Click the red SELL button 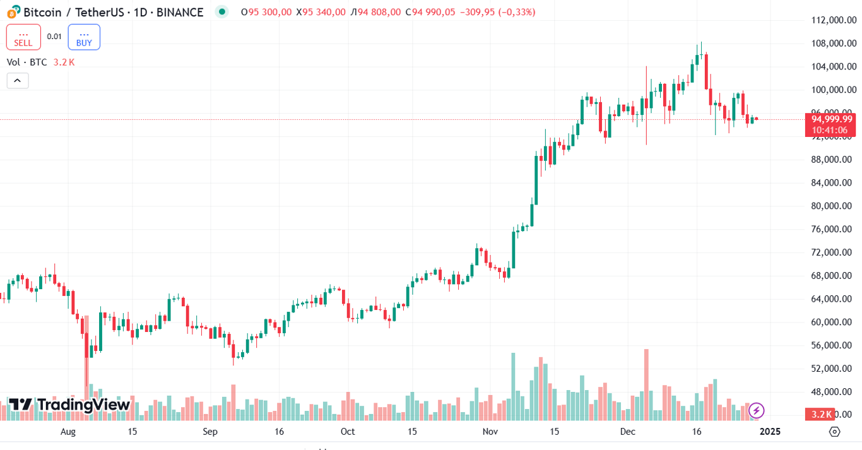coord(23,37)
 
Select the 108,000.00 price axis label coord(833,44)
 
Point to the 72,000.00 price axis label coord(833,252)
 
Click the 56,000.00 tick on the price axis coord(833,345)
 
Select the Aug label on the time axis coord(68,432)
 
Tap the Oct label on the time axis coord(348,432)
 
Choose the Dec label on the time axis coord(627,432)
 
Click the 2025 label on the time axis coord(770,432)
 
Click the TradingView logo coord(69,405)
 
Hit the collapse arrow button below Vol coord(18,81)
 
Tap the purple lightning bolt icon coord(756,411)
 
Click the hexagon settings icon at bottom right coord(835,432)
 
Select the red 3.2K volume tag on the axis coord(821,414)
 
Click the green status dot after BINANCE coord(221,11)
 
